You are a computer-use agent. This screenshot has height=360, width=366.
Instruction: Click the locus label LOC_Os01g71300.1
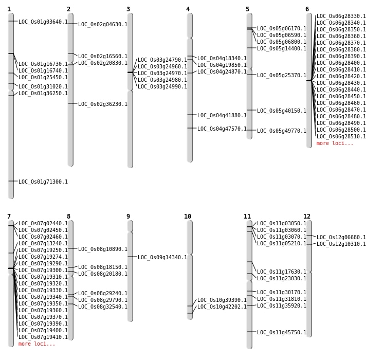click(x=43, y=182)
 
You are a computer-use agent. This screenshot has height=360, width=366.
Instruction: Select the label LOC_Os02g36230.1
click(x=103, y=104)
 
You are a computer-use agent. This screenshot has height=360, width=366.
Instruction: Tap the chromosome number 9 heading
click(x=128, y=217)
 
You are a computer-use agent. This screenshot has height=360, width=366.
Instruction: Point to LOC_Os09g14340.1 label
click(x=162, y=257)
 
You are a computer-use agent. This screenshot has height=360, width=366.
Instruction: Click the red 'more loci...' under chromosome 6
click(x=335, y=143)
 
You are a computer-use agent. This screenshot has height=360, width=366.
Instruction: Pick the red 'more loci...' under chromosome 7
click(x=36, y=344)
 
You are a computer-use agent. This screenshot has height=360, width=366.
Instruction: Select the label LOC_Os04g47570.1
click(x=222, y=129)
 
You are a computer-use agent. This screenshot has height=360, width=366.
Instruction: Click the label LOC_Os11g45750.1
click(x=282, y=332)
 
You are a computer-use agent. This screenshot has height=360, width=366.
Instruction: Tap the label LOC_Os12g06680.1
click(x=341, y=237)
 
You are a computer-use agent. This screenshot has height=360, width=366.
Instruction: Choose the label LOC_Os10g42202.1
click(x=222, y=307)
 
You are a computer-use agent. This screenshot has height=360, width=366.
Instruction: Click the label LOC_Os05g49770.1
click(x=282, y=131)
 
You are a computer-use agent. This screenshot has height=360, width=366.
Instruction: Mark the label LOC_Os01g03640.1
click(x=43, y=22)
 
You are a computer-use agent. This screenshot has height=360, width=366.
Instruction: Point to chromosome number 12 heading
click(x=307, y=217)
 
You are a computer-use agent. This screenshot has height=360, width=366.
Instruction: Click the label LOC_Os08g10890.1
click(x=103, y=249)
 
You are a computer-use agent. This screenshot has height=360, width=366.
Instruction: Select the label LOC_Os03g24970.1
click(x=162, y=73)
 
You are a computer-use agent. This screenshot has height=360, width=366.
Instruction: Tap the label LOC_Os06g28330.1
click(x=341, y=16)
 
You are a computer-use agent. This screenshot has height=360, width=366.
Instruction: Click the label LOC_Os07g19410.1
click(x=43, y=337)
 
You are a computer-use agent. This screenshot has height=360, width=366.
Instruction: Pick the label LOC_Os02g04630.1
click(x=103, y=24)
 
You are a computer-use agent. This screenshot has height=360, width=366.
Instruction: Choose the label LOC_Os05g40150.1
click(x=282, y=111)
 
